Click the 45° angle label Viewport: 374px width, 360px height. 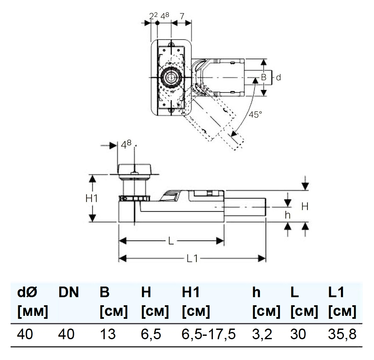point(255,115)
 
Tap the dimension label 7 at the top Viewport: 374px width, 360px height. point(182,16)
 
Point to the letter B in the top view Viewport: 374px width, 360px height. point(263,77)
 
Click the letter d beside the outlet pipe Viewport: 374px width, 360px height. point(278,77)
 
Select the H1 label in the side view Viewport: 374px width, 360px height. point(92,198)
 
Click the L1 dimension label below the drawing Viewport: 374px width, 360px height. point(192,258)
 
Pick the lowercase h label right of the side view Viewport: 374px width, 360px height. point(287,215)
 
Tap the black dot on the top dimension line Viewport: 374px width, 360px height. point(157,23)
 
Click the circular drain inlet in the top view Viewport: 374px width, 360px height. point(170,77)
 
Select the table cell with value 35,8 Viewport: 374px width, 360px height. point(342,334)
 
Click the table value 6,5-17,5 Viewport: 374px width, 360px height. point(209,334)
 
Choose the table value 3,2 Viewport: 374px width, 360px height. point(262,334)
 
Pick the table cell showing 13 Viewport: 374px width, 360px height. point(108,334)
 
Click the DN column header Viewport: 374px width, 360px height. point(69,292)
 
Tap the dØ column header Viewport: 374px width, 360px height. point(27,292)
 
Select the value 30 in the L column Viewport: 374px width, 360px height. point(298,334)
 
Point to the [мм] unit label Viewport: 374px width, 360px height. point(33,312)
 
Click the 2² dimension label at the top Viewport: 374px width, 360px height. point(154,16)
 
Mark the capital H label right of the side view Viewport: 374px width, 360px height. point(305,206)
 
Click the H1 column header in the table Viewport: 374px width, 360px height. point(191,292)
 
